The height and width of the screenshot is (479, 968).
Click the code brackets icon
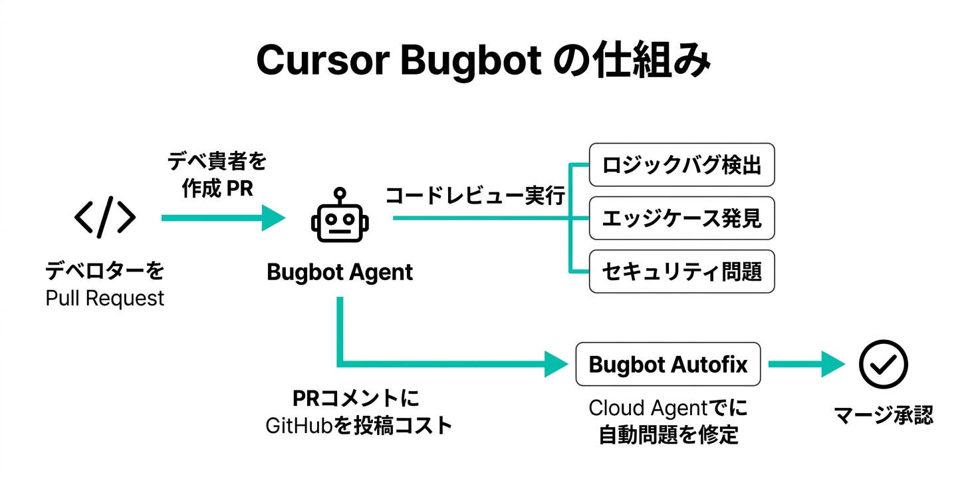[105, 218]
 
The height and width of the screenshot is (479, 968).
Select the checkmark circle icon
[882, 365]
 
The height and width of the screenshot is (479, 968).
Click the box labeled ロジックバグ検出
[681, 165]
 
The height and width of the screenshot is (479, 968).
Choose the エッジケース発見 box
[681, 218]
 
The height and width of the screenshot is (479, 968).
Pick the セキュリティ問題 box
[681, 271]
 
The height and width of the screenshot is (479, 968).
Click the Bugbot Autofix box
[668, 365]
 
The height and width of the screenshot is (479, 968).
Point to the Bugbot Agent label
[340, 272]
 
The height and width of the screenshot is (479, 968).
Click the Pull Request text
[105, 298]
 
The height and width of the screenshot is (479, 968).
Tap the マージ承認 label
[884, 416]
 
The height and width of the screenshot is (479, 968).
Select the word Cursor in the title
[322, 61]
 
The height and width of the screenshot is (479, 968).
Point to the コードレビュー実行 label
[475, 196]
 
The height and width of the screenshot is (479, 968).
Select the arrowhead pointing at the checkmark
[832, 365]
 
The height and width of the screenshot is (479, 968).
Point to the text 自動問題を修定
[668, 435]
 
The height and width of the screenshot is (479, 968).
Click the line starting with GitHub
[358, 425]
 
